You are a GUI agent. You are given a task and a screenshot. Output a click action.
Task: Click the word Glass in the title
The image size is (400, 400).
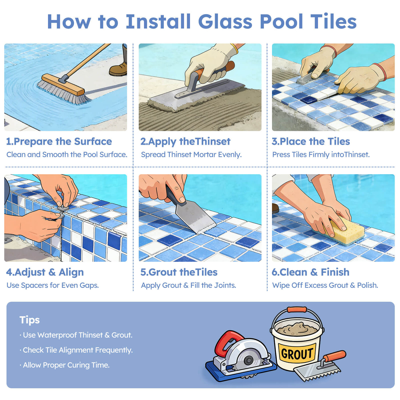click(x=225, y=22)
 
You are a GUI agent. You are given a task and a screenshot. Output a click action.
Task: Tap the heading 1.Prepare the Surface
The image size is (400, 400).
click(x=59, y=141)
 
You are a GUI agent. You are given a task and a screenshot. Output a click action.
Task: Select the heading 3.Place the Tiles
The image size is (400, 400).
click(x=311, y=141)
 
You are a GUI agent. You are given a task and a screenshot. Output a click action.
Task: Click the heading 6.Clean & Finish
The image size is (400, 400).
click(x=310, y=272)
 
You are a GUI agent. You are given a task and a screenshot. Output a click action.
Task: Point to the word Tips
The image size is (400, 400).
click(x=29, y=320)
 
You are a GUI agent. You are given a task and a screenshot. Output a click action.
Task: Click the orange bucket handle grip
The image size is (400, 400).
click(x=297, y=309)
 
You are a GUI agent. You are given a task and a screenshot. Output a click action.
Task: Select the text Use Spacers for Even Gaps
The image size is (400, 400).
click(x=53, y=285)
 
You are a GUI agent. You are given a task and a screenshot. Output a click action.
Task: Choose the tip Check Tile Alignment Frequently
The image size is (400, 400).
click(x=76, y=350)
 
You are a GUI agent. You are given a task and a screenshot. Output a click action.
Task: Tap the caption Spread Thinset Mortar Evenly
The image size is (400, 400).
click(x=191, y=155)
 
